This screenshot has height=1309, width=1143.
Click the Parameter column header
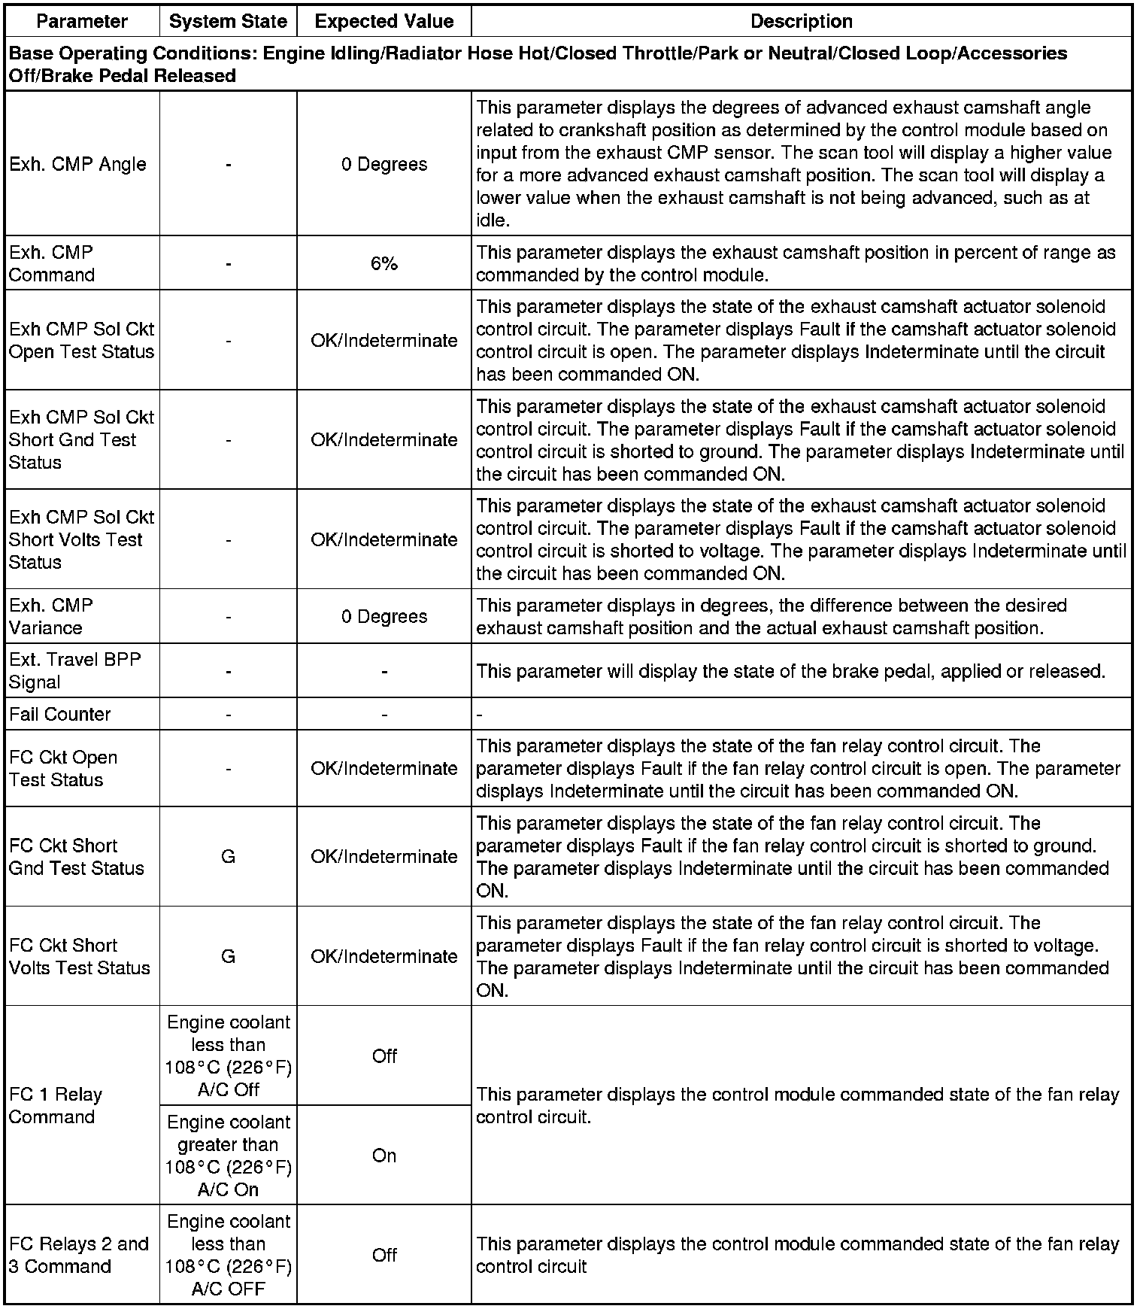[82, 21]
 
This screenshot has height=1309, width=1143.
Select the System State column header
[228, 21]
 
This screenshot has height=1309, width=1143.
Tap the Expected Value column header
[384, 21]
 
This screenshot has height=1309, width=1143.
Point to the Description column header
[801, 21]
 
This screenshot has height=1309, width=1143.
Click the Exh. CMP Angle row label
[77, 164]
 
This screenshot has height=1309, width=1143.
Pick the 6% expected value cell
[384, 263]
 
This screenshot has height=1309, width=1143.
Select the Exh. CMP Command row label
[52, 263]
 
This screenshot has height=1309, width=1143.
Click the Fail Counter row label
[60, 714]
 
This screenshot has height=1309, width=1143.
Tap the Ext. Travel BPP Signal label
[74, 670]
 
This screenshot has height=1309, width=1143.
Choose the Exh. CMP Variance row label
[51, 616]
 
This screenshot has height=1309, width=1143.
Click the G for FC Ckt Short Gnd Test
[228, 856]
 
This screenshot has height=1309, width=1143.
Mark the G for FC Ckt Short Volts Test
[228, 956]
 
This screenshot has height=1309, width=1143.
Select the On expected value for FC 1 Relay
[384, 1156]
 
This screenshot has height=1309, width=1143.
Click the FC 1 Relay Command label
[56, 1105]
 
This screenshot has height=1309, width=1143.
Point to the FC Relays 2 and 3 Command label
[78, 1255]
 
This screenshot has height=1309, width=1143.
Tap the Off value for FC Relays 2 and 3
[384, 1255]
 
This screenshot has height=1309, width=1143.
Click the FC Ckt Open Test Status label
[63, 768]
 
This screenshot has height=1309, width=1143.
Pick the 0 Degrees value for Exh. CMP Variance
[384, 616]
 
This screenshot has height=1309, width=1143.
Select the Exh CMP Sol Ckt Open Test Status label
[81, 340]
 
